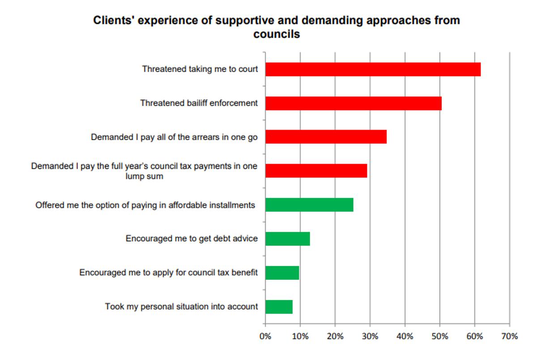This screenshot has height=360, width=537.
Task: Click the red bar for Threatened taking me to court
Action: click(x=373, y=69)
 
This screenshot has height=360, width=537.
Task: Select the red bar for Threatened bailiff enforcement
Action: click(x=353, y=103)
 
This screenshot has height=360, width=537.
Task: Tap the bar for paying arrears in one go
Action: click(x=326, y=137)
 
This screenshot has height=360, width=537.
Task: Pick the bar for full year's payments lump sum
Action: click(x=316, y=171)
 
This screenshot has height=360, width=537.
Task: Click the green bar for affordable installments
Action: click(x=309, y=205)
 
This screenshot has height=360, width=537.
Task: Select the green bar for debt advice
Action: click(x=287, y=239)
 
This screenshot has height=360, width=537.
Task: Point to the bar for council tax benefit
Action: click(x=282, y=273)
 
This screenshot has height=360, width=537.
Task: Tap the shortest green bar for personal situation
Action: click(x=279, y=307)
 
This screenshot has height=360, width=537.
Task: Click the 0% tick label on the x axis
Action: click(x=265, y=336)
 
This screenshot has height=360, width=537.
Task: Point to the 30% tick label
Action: click(x=370, y=336)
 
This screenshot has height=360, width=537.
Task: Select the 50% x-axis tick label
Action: click(x=440, y=336)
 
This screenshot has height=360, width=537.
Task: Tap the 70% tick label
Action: click(x=510, y=336)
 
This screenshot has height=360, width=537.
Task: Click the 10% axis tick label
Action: click(x=300, y=336)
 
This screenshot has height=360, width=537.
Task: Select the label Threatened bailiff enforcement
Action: click(x=199, y=103)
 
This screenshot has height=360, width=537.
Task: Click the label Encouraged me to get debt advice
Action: click(x=192, y=238)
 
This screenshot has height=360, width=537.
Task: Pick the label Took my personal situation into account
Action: click(x=181, y=307)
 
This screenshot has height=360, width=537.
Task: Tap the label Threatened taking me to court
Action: click(x=200, y=69)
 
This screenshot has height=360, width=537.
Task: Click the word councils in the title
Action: click(x=276, y=34)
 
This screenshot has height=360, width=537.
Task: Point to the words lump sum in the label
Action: click(x=144, y=176)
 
